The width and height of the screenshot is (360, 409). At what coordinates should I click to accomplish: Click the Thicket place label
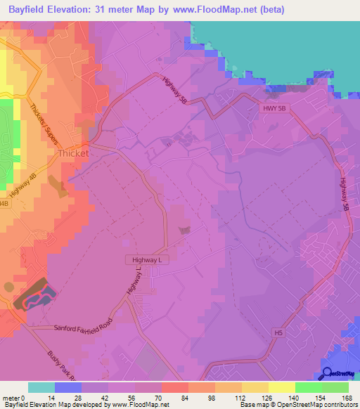click(75, 152)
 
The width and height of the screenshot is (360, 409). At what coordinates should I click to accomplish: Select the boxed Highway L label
click(148, 259)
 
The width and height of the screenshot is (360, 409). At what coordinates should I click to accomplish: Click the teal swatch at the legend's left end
click(41, 387)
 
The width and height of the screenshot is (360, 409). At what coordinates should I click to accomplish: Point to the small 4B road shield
click(4, 204)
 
